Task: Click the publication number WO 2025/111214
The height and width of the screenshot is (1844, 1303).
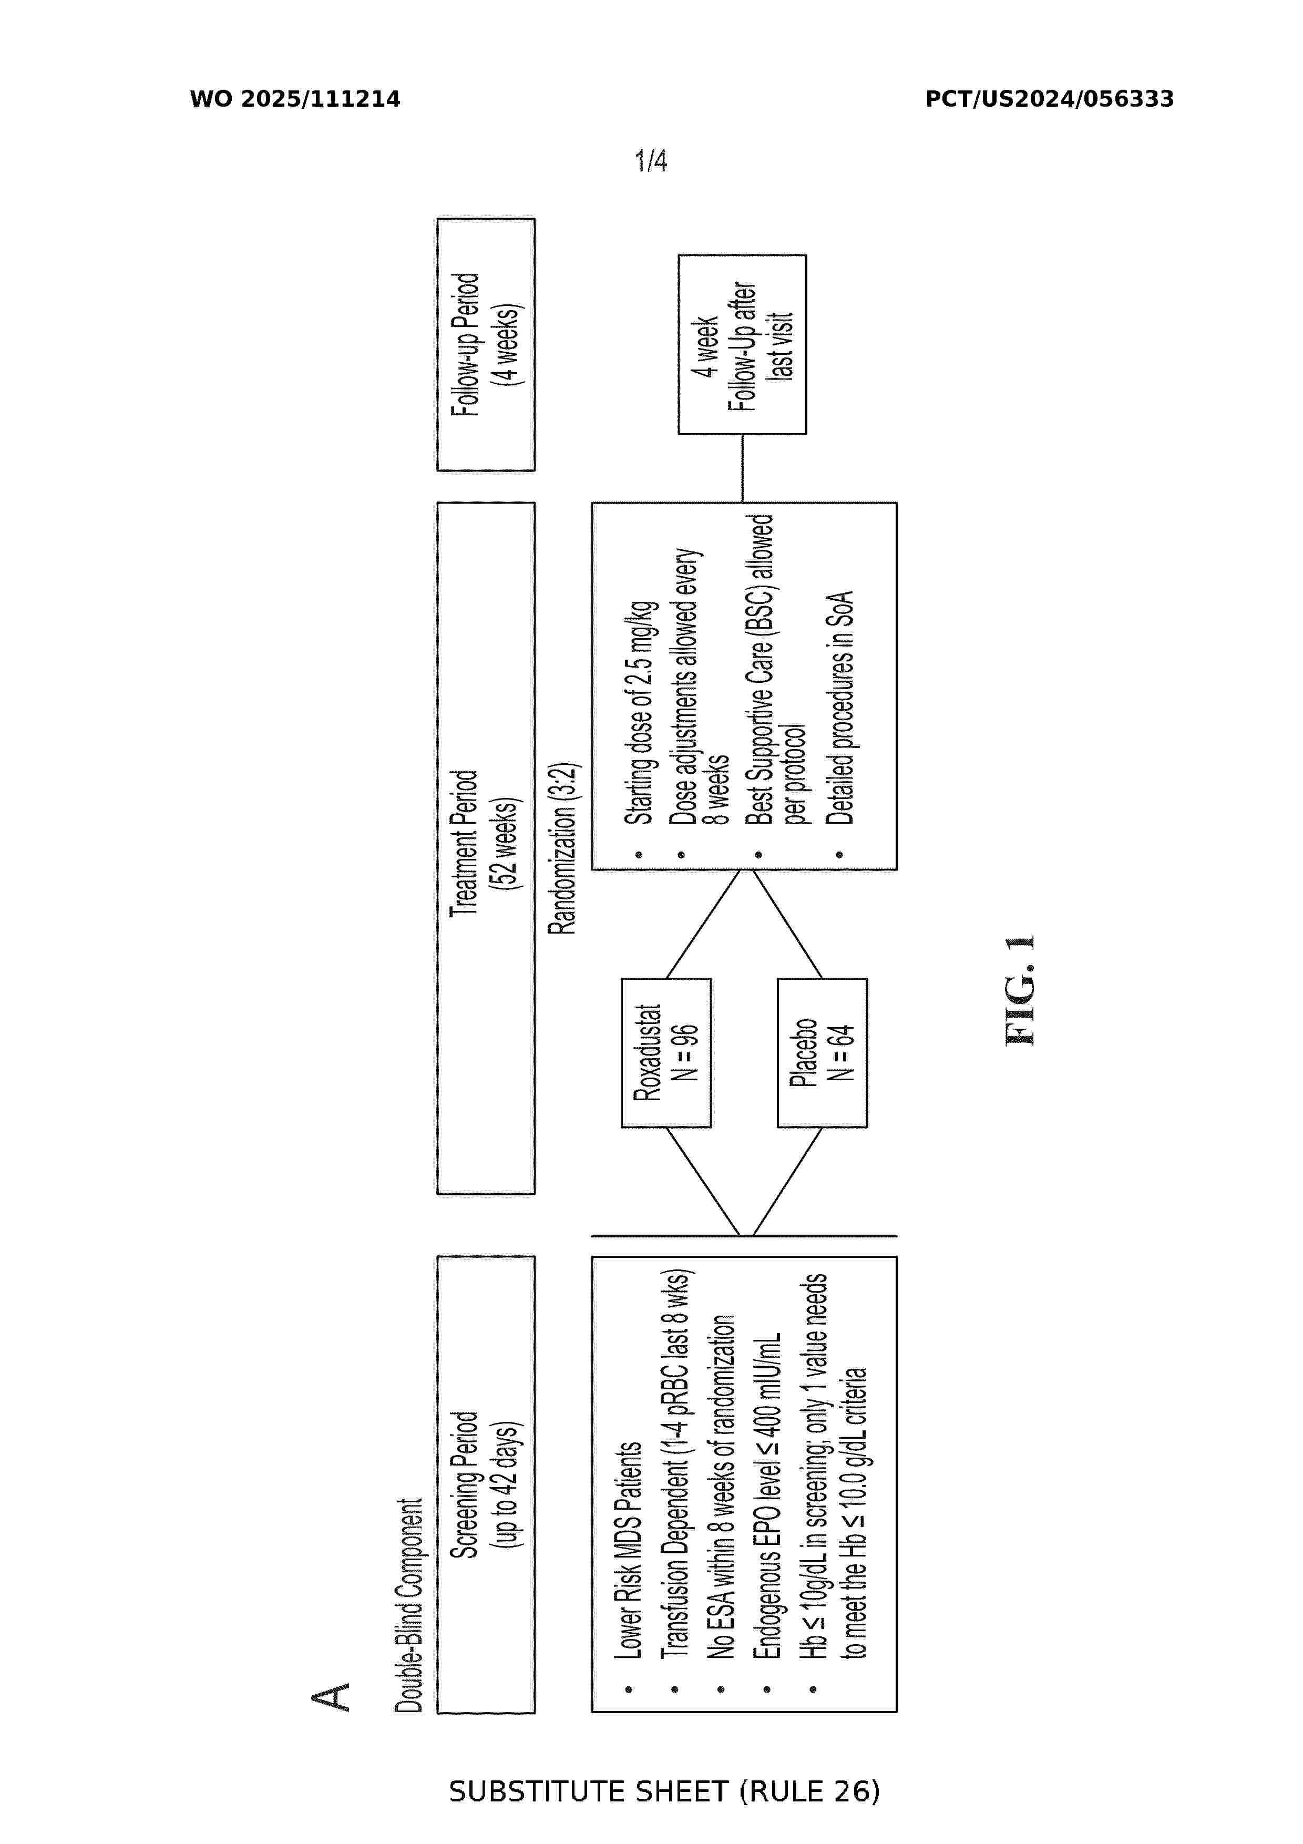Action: click(295, 99)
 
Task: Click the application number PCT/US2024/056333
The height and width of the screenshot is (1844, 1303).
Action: click(1049, 99)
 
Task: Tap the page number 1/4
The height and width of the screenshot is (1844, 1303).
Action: click(650, 161)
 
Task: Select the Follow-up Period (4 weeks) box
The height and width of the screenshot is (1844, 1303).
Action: click(486, 344)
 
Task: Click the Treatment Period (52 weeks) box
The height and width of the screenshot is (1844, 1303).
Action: click(486, 848)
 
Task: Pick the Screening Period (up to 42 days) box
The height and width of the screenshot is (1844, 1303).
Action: click(486, 1485)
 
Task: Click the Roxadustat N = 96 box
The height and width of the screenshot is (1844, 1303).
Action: click(666, 1053)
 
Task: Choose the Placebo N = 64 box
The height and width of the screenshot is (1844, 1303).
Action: click(822, 1053)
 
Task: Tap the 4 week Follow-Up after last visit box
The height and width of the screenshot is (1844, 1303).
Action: click(743, 344)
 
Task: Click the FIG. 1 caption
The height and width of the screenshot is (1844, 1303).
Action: click(1020, 990)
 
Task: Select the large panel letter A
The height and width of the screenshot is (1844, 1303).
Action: click(331, 1697)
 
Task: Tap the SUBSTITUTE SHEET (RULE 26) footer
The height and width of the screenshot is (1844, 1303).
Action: click(664, 1792)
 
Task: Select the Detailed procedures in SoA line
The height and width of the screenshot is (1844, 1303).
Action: click(840, 709)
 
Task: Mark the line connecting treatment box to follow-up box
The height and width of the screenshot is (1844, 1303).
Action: click(743, 468)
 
